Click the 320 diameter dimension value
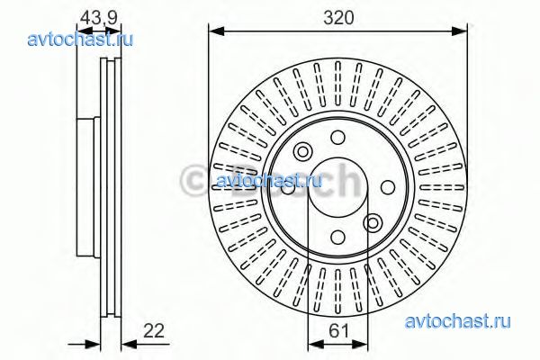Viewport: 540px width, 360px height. tap(338, 18)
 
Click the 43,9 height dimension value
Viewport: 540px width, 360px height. tap(98, 18)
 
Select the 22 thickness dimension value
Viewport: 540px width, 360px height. tap(154, 331)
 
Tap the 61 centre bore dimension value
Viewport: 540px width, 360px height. tap(339, 331)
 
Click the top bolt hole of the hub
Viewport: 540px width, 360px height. tap(337, 138)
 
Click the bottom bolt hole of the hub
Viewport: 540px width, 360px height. tap(337, 237)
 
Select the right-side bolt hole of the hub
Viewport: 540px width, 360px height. tap(388, 187)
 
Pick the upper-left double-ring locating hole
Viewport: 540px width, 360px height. tap(303, 151)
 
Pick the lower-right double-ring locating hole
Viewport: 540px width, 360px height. tap(373, 223)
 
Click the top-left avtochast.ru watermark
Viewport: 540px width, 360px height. tap(80, 40)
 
